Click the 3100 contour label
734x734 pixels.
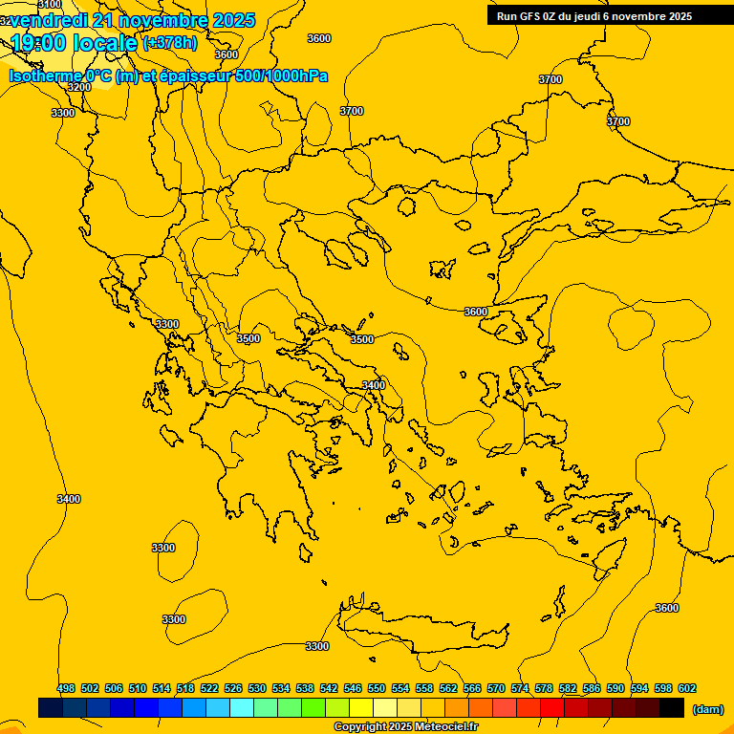click(50, 5)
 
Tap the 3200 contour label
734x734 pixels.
click(79, 87)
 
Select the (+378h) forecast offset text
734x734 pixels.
click(170, 42)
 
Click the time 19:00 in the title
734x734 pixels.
click(41, 42)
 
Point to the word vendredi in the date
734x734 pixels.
click(48, 20)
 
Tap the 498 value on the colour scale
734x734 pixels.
click(66, 688)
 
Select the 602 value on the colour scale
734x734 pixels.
click(686, 688)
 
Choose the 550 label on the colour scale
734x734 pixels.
click(377, 688)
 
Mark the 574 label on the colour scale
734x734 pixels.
click(520, 688)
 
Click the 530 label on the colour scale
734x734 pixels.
click(257, 688)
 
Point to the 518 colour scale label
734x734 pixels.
click(185, 688)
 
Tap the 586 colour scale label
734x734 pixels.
click(592, 688)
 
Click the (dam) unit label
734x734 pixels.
click(707, 709)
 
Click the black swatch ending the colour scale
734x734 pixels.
click(672, 708)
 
